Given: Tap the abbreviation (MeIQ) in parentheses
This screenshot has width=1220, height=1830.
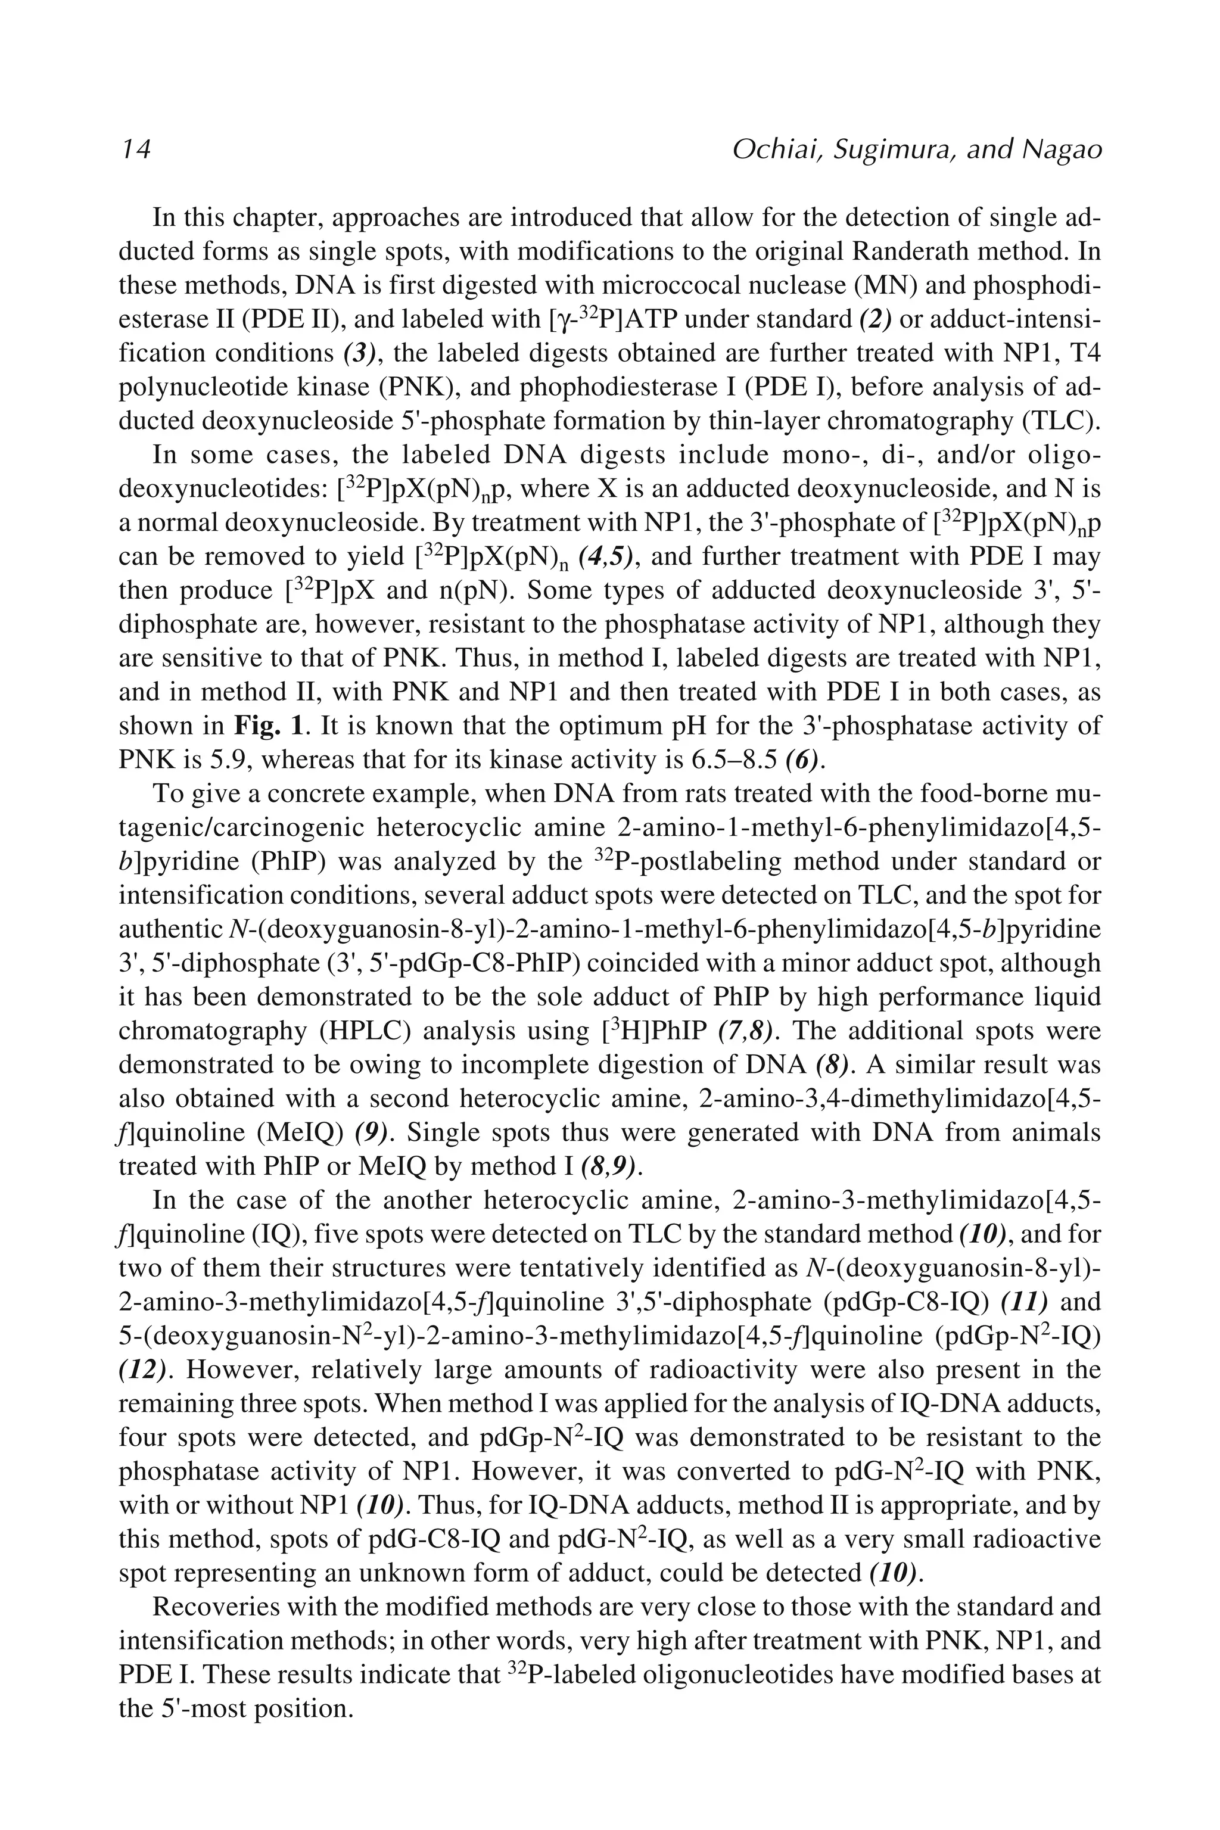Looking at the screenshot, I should tap(300, 1133).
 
